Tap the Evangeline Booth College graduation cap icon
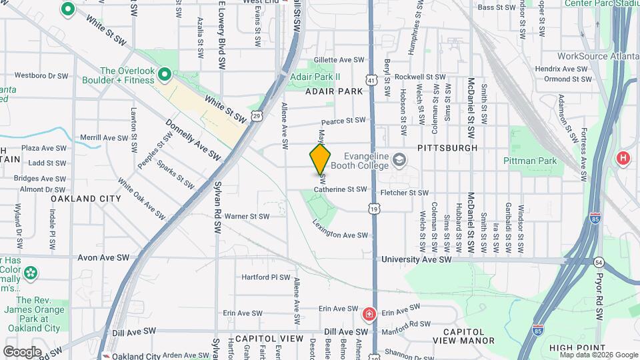[399, 160]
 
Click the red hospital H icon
[623, 158]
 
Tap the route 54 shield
[598, 263]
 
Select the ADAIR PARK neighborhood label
[329, 92]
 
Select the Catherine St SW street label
[340, 189]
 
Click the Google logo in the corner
[22, 351]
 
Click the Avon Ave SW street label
[103, 257]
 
